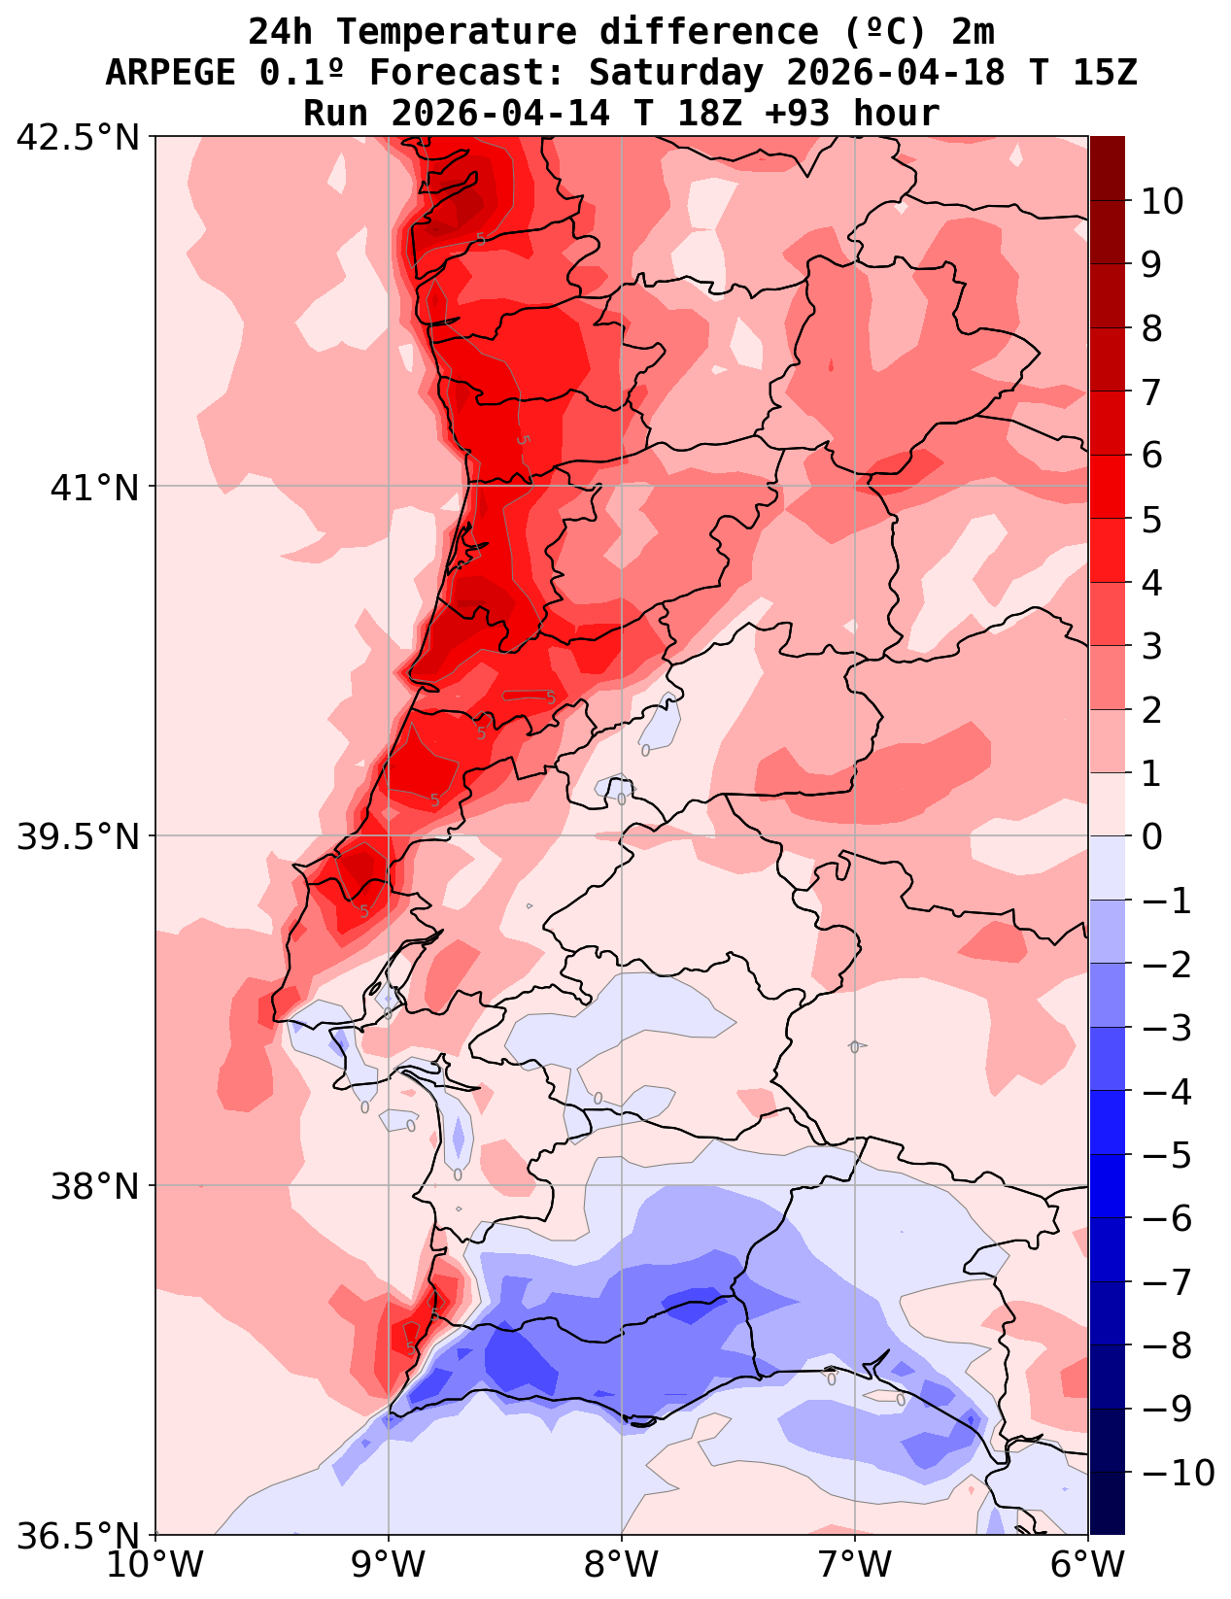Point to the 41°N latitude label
(x=96, y=487)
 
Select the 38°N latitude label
(x=96, y=1186)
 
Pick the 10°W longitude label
(x=155, y=1566)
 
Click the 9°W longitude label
(x=389, y=1566)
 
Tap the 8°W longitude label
(x=622, y=1566)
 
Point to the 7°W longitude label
(x=855, y=1566)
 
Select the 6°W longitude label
(x=1088, y=1566)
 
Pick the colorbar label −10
(x=1179, y=1474)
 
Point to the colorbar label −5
(x=1168, y=1155)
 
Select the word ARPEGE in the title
(x=170, y=73)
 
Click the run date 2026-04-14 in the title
(x=501, y=114)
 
